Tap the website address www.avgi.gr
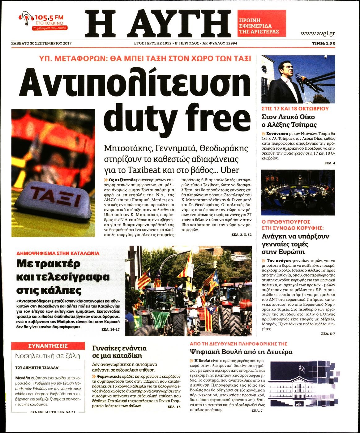318,33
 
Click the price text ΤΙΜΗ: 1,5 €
324,43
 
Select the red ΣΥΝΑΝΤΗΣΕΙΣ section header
48,346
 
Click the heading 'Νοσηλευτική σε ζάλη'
48,356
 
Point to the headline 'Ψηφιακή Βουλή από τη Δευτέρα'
241,352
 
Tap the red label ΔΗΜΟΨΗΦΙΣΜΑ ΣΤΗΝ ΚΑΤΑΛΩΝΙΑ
58,253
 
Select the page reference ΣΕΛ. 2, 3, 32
241,235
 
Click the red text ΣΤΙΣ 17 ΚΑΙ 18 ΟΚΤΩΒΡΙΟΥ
295,109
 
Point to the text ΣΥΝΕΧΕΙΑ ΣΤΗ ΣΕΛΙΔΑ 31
53,412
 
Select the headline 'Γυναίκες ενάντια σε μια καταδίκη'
119,352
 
